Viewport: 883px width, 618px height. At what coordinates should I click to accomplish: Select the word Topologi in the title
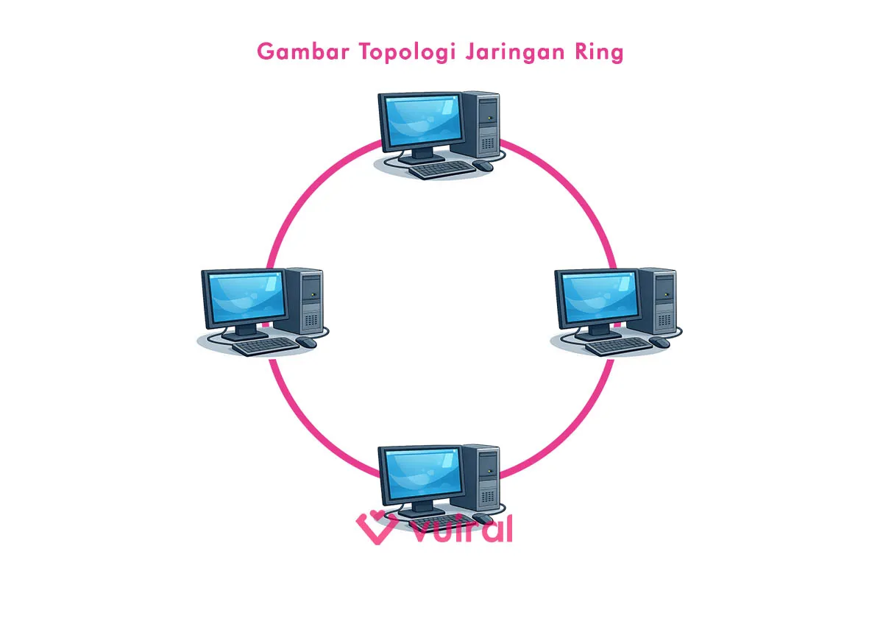(x=393, y=53)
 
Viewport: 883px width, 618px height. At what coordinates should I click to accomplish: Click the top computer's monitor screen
(x=419, y=121)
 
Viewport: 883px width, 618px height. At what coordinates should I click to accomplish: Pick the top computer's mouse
(x=483, y=166)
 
